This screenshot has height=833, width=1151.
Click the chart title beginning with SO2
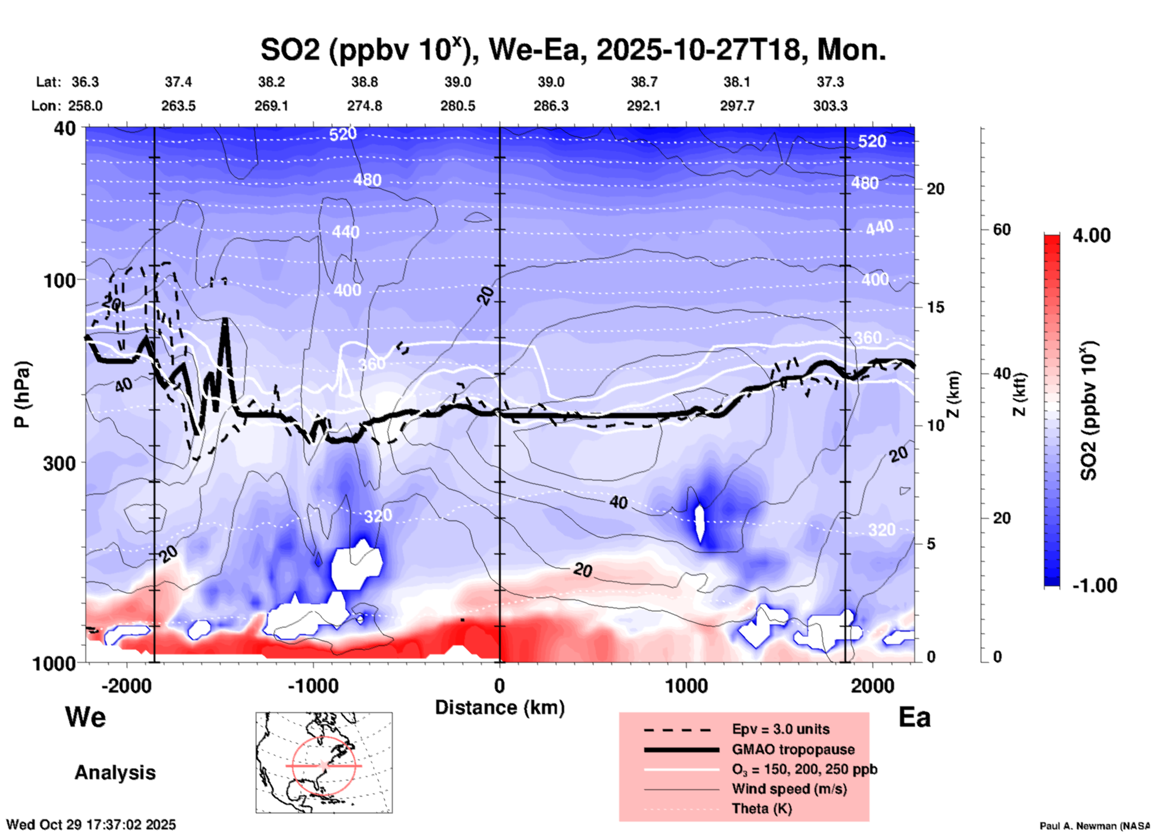pyautogui.click(x=573, y=50)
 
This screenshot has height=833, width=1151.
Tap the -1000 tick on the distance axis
pyautogui.click(x=313, y=685)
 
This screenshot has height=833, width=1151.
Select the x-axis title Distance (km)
pyautogui.click(x=500, y=708)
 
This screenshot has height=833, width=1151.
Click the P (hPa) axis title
pyautogui.click(x=22, y=394)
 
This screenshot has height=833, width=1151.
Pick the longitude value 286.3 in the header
pyautogui.click(x=550, y=106)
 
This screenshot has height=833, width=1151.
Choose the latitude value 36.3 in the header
pyautogui.click(x=85, y=82)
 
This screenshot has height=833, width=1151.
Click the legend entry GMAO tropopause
pyautogui.click(x=793, y=749)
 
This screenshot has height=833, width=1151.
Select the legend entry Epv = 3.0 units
pyautogui.click(x=780, y=729)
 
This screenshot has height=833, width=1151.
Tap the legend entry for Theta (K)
pyautogui.click(x=761, y=808)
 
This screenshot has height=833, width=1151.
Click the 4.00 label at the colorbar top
pyautogui.click(x=1091, y=235)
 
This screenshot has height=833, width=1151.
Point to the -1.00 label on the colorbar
pyautogui.click(x=1094, y=586)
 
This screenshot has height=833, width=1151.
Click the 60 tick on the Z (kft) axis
pyautogui.click(x=1002, y=229)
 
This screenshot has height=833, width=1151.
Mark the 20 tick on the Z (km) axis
pyautogui.click(x=935, y=189)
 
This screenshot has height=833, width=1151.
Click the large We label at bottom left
pyautogui.click(x=85, y=716)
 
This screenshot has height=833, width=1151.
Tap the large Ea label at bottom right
pyautogui.click(x=914, y=717)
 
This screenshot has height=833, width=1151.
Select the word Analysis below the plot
pyautogui.click(x=115, y=773)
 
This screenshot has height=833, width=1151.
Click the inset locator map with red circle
pyautogui.click(x=324, y=762)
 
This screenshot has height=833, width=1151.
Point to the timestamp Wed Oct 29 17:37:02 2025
pyautogui.click(x=91, y=825)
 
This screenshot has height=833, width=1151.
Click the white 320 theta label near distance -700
pyautogui.click(x=378, y=516)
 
